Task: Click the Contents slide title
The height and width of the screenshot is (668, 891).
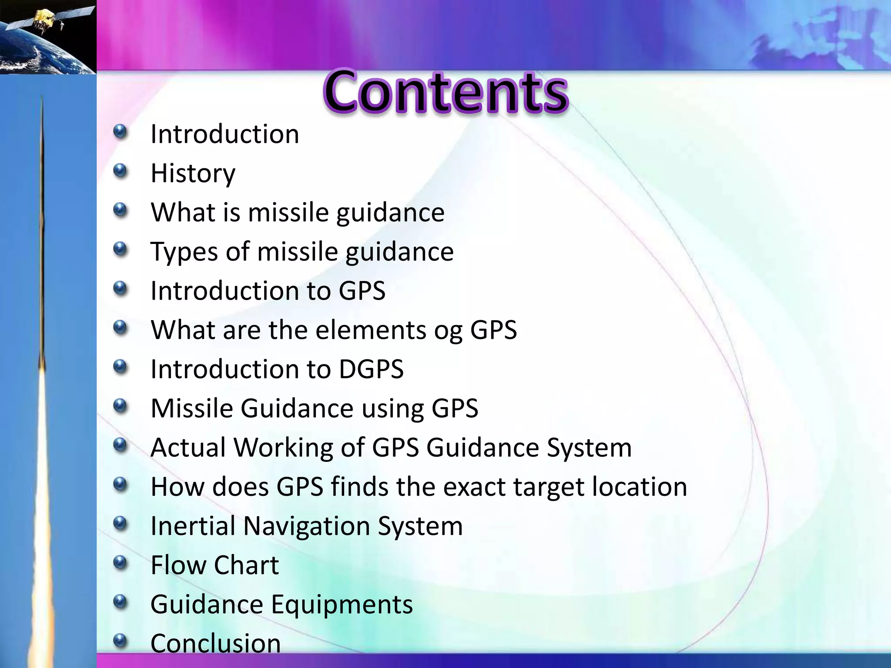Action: (445, 93)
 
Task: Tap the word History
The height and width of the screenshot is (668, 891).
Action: (193, 174)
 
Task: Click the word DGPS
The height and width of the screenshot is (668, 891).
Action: (371, 369)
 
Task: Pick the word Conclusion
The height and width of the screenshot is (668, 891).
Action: (215, 643)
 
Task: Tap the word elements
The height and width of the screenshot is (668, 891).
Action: (371, 330)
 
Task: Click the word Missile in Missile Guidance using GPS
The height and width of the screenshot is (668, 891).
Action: (191, 408)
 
